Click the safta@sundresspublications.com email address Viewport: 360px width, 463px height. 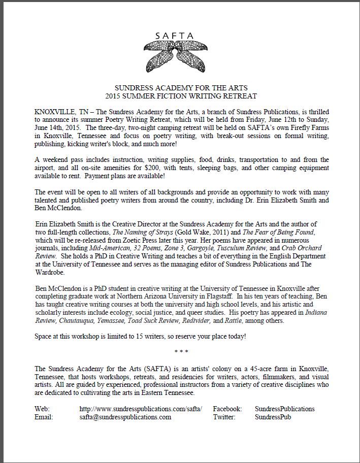point(125,417)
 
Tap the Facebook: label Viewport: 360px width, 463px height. point(227,409)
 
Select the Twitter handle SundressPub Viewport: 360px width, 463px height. point(273,417)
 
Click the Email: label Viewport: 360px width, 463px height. point(44,417)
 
